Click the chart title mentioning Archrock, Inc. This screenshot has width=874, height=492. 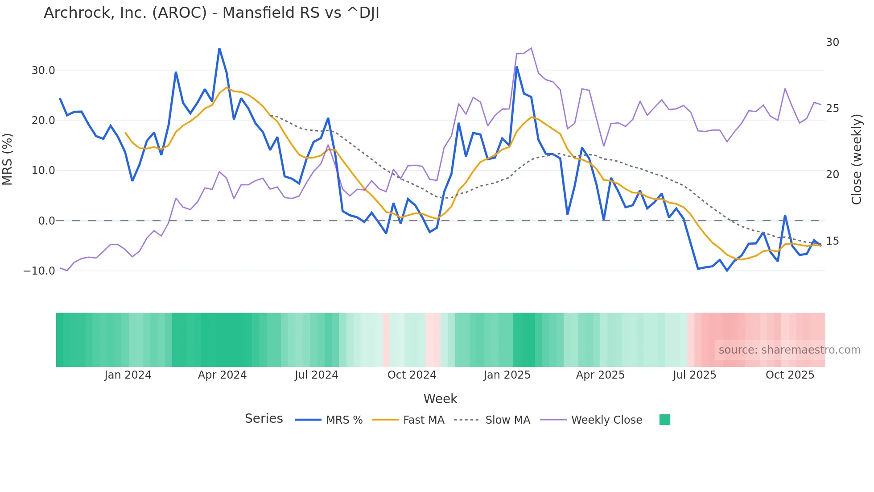pos(211,13)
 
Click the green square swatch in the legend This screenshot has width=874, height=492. pos(664,420)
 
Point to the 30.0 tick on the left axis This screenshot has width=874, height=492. pos(43,71)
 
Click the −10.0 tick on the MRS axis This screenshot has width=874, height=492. pos(39,271)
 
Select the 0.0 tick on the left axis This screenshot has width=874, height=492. pos(46,221)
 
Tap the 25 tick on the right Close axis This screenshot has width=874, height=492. pos(832,108)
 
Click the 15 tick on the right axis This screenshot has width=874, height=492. pos(832,241)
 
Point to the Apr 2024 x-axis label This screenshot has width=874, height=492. pos(222,375)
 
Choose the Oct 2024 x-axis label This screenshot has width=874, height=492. pos(412,375)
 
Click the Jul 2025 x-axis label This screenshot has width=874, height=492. pos(694,375)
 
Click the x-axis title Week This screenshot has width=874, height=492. pos(440,399)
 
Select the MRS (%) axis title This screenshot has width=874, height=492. pos(8,159)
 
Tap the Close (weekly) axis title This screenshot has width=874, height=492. pos(857,159)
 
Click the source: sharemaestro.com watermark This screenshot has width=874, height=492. pos(789,350)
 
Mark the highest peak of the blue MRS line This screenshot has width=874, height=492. pos(219,49)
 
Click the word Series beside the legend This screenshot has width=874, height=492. pos(264,419)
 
